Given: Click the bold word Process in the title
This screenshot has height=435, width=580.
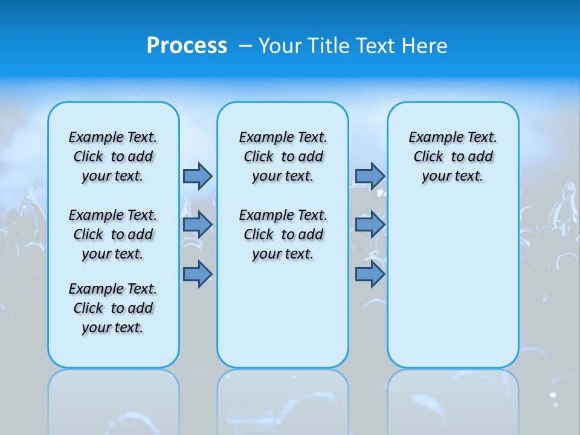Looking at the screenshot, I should pos(187,46).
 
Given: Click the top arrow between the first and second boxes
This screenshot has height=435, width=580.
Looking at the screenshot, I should pos(198,176).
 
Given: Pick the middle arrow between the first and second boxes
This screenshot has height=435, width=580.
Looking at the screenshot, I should pos(198,225).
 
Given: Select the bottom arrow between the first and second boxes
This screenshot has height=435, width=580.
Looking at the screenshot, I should pos(198,274).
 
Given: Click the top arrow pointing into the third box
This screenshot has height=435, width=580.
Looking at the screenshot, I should pos(370,176).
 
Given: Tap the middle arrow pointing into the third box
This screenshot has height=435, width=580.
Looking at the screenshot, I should pos(370,225).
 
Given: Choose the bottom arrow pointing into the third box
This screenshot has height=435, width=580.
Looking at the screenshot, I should pos(370,274).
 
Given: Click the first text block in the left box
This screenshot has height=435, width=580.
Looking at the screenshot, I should pos(113,156).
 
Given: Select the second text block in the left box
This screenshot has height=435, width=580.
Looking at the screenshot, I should pos(113,234).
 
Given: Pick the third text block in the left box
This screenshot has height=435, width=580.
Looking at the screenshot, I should pos(113,308).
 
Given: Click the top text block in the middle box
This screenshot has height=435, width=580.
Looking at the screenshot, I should pos(283,156).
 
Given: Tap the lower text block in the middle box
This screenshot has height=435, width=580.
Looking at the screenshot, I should pos(283,234).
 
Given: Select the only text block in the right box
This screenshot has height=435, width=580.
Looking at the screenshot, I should pos(453,156).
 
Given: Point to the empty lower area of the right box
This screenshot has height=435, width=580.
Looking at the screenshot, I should pos(453,284).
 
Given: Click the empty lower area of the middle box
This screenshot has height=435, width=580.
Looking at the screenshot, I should pos(283,314).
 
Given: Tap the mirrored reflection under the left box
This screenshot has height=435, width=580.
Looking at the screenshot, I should pos(114,402).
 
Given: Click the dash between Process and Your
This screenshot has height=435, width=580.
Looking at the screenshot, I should pos(245,46).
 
